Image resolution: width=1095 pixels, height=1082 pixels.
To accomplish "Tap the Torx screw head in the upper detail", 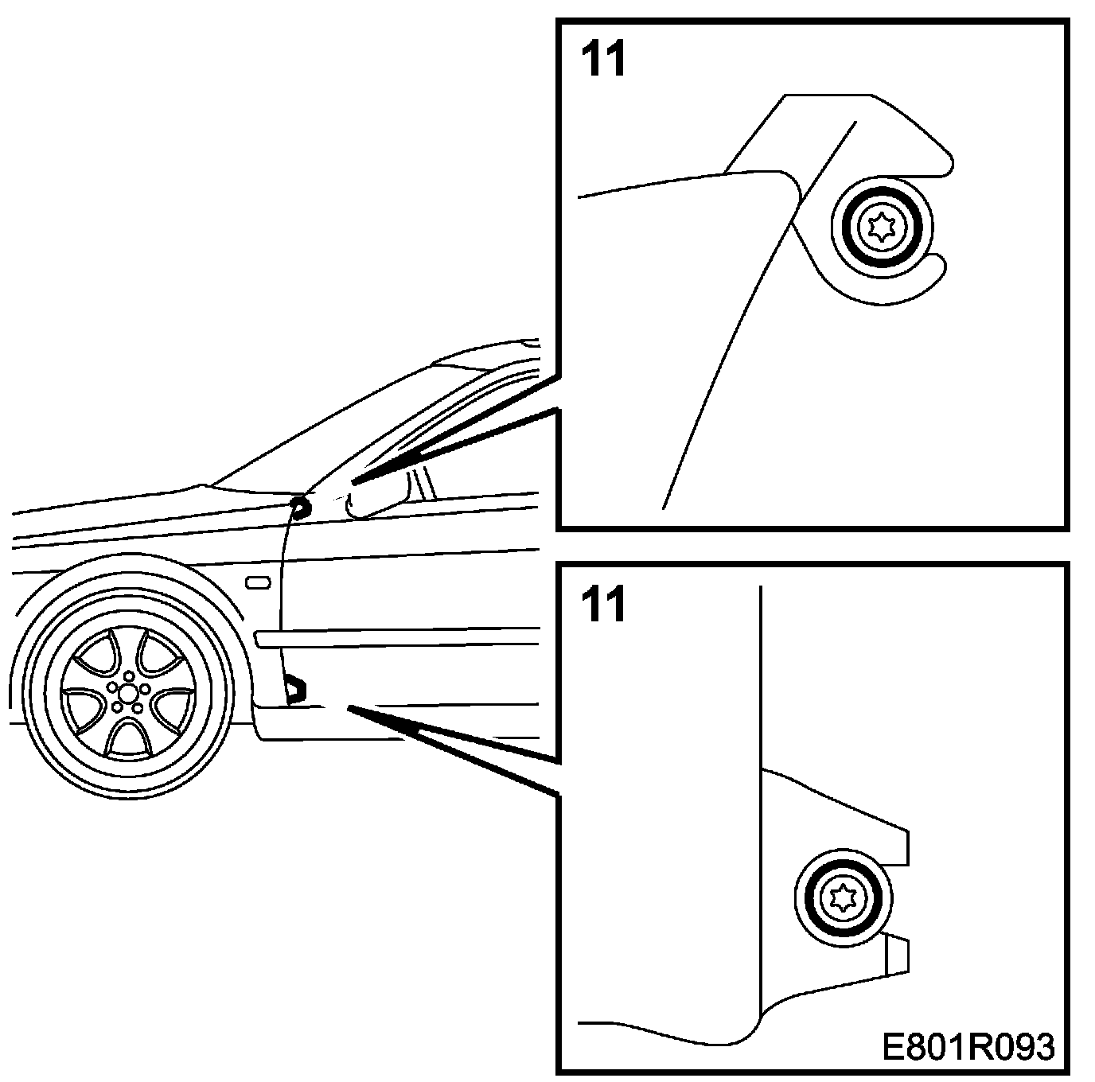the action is pyautogui.click(x=880, y=228).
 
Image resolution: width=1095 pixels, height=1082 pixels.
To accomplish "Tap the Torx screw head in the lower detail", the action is pyautogui.click(x=843, y=898).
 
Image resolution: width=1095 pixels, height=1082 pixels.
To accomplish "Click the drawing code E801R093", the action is pyautogui.click(x=968, y=1047).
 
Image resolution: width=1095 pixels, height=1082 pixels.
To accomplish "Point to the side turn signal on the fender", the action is pyautogui.click(x=259, y=584).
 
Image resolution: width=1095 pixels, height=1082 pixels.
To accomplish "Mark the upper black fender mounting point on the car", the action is pyautogui.click(x=300, y=508).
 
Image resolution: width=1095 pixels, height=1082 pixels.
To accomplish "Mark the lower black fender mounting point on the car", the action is pyautogui.click(x=295, y=688).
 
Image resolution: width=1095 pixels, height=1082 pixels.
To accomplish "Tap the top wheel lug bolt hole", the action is pyautogui.click(x=129, y=675).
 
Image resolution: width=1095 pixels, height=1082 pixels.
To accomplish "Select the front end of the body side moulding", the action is pyautogui.click(x=259, y=637).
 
